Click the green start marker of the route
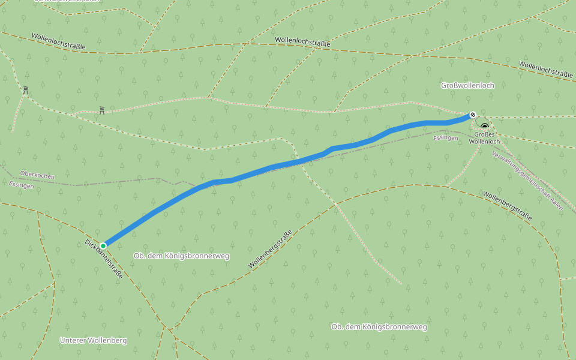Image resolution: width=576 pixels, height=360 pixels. (103, 245)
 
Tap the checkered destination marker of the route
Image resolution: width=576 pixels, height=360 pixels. (473, 115)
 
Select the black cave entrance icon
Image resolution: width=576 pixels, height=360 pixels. (484, 127)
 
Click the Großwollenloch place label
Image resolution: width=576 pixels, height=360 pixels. (467, 85)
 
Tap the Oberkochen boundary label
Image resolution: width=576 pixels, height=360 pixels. (37, 176)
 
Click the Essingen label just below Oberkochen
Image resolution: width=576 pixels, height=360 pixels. (22, 185)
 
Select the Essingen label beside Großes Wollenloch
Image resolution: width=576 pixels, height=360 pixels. (445, 138)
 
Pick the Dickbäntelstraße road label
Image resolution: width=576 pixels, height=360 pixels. (104, 259)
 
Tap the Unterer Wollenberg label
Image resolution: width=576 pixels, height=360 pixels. (93, 340)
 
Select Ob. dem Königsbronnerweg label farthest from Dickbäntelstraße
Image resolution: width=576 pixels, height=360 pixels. (379, 326)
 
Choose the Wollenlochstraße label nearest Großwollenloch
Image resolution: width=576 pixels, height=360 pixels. (545, 68)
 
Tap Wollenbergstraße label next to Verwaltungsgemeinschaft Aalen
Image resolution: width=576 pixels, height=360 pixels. (507, 206)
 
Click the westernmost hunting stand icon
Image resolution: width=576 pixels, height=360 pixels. (25, 90)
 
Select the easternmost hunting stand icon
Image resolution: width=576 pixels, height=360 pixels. (102, 110)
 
